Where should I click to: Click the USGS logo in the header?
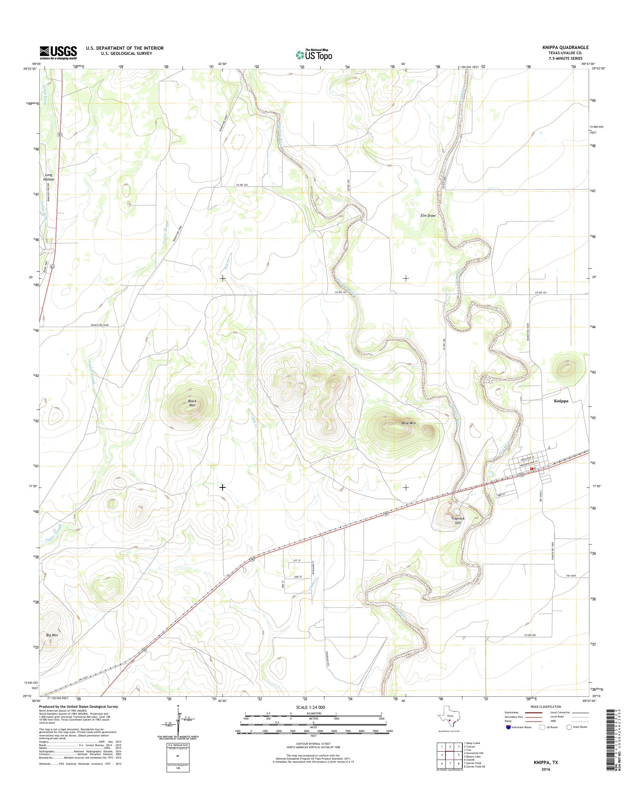(58, 52)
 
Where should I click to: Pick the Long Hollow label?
(49, 177)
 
